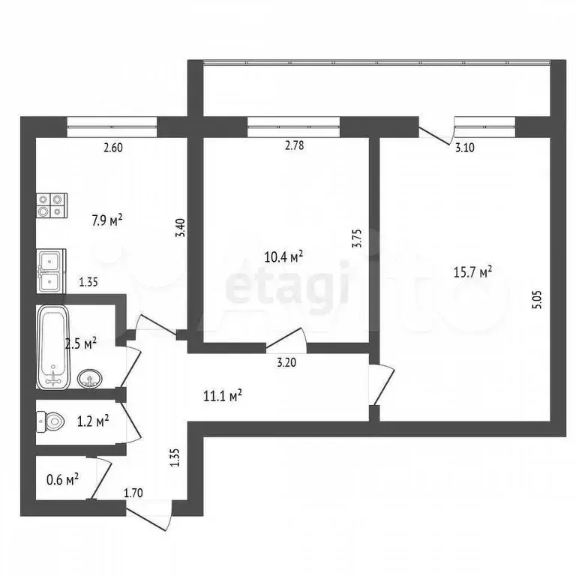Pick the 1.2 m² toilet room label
(93, 421)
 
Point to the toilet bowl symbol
(50, 423)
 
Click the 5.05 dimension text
(535, 297)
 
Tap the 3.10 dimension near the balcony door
(465, 148)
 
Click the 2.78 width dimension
(295, 148)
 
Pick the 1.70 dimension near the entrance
(133, 493)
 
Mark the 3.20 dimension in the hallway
(286, 363)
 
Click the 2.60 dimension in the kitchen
(112, 148)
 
